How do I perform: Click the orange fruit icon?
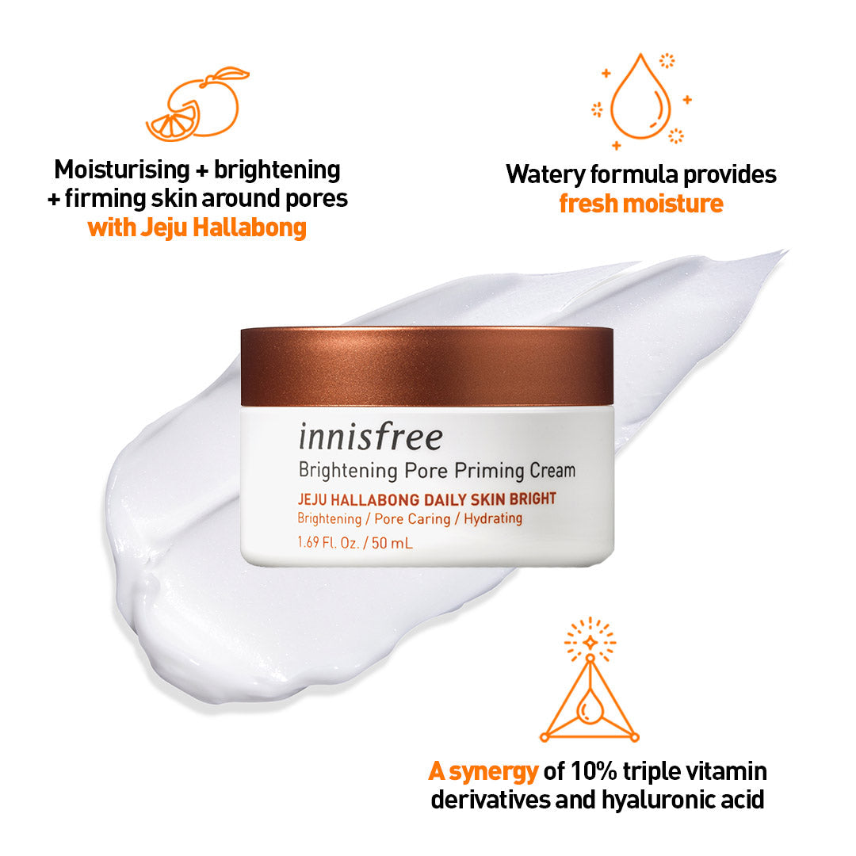[x=197, y=105]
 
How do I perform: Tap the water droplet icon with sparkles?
[x=641, y=101]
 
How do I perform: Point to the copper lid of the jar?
[x=427, y=365]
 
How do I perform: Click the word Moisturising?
[x=122, y=170]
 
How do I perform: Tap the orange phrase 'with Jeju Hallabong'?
[x=197, y=227]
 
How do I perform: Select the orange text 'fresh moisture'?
[x=641, y=204]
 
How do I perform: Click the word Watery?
[x=545, y=175]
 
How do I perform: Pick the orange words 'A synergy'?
[x=483, y=771]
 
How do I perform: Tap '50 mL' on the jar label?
[x=392, y=543]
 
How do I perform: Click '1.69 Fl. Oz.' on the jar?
[x=328, y=543]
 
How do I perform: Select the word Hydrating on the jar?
[x=493, y=518]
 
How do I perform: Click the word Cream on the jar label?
[x=552, y=471]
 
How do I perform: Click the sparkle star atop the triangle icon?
[x=590, y=643]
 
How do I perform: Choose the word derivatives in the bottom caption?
[x=490, y=801]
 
